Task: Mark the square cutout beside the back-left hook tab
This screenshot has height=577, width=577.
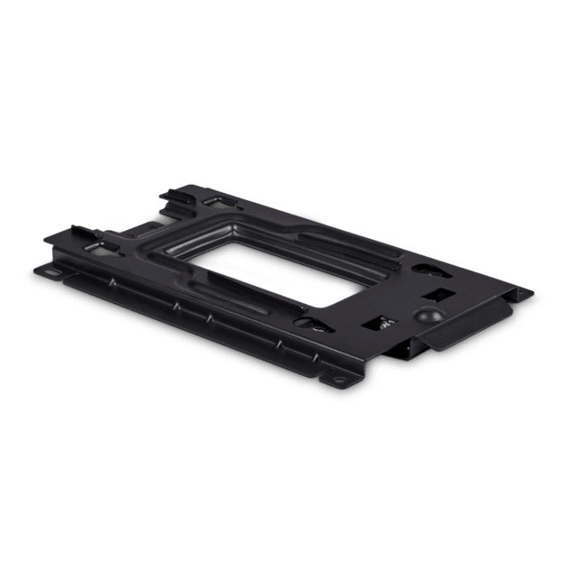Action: pos(217,201)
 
